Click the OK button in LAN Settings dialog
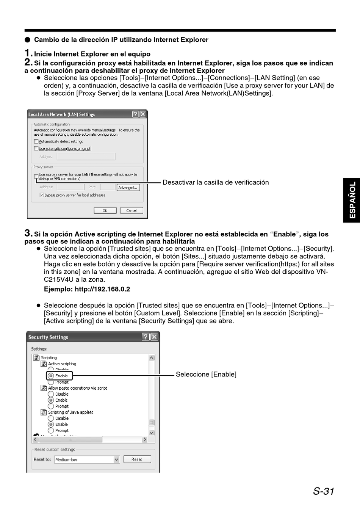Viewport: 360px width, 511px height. [x=105, y=210]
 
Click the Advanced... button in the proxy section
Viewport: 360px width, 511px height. [x=128, y=188]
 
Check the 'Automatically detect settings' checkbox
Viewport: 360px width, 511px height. [x=36, y=141]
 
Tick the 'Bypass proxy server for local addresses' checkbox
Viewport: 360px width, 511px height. [x=42, y=195]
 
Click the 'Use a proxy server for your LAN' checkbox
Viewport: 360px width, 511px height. [x=36, y=176]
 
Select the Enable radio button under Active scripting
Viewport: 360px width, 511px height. [x=51, y=376]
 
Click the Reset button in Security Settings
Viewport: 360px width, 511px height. [x=137, y=459]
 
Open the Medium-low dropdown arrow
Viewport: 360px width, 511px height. [x=116, y=459]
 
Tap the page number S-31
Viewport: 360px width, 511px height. [x=324, y=491]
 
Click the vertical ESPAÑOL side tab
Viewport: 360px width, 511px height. [x=352, y=200]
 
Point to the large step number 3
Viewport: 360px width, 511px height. [x=28, y=233]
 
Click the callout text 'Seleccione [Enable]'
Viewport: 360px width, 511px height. [x=206, y=375]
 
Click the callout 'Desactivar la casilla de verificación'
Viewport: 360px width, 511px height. [x=216, y=182]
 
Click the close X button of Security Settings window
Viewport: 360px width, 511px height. [x=154, y=337]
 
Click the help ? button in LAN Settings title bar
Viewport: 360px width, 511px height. [x=135, y=114]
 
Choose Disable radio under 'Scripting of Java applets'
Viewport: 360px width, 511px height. [x=51, y=419]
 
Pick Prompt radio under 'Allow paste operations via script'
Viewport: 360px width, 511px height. [x=51, y=406]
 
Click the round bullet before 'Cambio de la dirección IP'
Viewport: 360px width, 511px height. [x=27, y=40]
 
